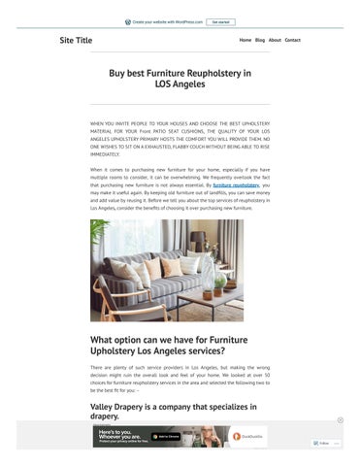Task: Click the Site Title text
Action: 76,41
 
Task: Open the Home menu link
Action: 245,40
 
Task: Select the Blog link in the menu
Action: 260,40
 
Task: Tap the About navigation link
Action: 275,40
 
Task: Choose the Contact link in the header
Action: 292,40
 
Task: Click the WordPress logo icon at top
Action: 128,21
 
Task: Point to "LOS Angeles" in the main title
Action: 180,84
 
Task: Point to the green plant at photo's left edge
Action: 98,233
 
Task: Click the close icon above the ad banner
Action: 340,420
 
